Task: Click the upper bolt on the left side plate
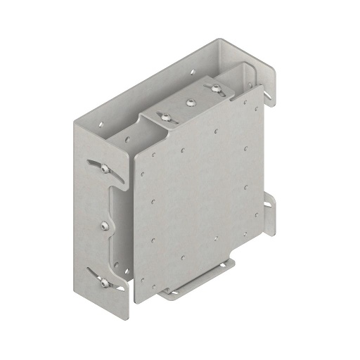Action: pyautogui.click(x=104, y=169)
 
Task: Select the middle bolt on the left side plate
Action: pyautogui.click(x=104, y=225)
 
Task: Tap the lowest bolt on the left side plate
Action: pyautogui.click(x=104, y=283)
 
